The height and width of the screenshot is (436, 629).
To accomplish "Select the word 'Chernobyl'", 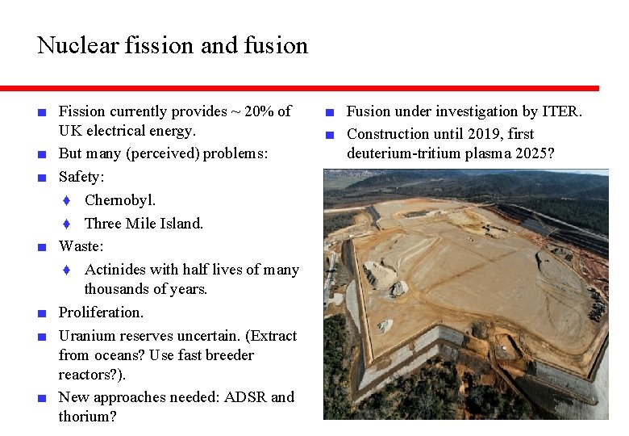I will coord(119,199).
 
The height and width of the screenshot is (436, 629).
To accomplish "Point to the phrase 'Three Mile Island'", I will coord(143,223).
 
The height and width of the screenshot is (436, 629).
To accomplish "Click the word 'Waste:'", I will coord(81,245).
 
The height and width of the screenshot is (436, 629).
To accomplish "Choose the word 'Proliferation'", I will coord(101,312).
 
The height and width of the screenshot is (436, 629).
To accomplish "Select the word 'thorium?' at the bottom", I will coord(88,417).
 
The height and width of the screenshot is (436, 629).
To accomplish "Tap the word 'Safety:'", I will coord(81,176).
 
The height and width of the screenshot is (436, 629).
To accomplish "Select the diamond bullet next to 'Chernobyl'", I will coord(69,200).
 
